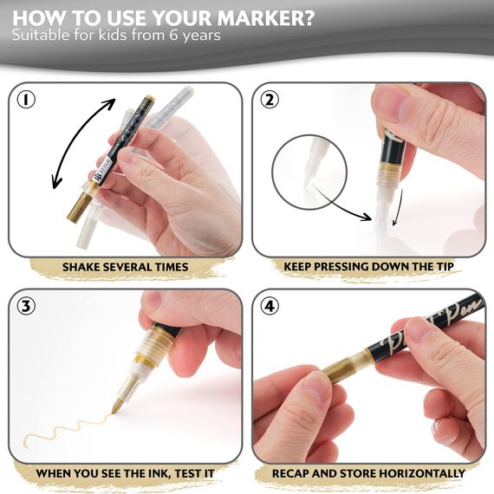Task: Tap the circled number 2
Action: [270, 100]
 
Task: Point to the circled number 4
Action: [270, 306]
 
